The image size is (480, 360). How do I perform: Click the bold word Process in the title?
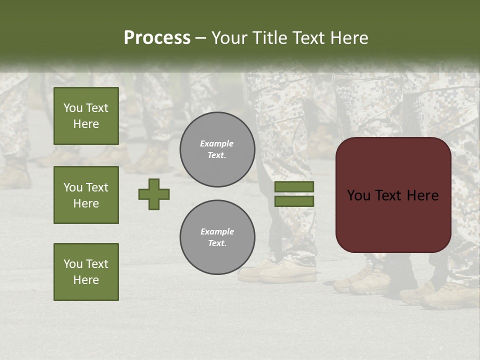click(157, 38)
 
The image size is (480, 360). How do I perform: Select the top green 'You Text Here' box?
click(86, 116)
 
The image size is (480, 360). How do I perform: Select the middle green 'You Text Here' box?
click(86, 195)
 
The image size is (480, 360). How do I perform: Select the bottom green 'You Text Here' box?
click(86, 272)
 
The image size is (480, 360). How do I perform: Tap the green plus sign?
click(154, 194)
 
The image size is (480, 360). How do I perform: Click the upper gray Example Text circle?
click(217, 149)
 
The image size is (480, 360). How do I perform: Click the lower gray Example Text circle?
click(217, 237)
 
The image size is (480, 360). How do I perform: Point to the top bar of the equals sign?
click(294, 187)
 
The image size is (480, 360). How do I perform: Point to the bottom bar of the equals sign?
click(294, 201)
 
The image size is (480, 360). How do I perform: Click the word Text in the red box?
click(389, 195)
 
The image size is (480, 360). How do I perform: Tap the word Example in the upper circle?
click(217, 144)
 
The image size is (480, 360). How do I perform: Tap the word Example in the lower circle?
click(217, 232)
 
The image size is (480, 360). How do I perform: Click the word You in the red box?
click(358, 195)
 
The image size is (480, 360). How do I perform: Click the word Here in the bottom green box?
click(86, 280)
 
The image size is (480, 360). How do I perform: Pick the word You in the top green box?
click(73, 108)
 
